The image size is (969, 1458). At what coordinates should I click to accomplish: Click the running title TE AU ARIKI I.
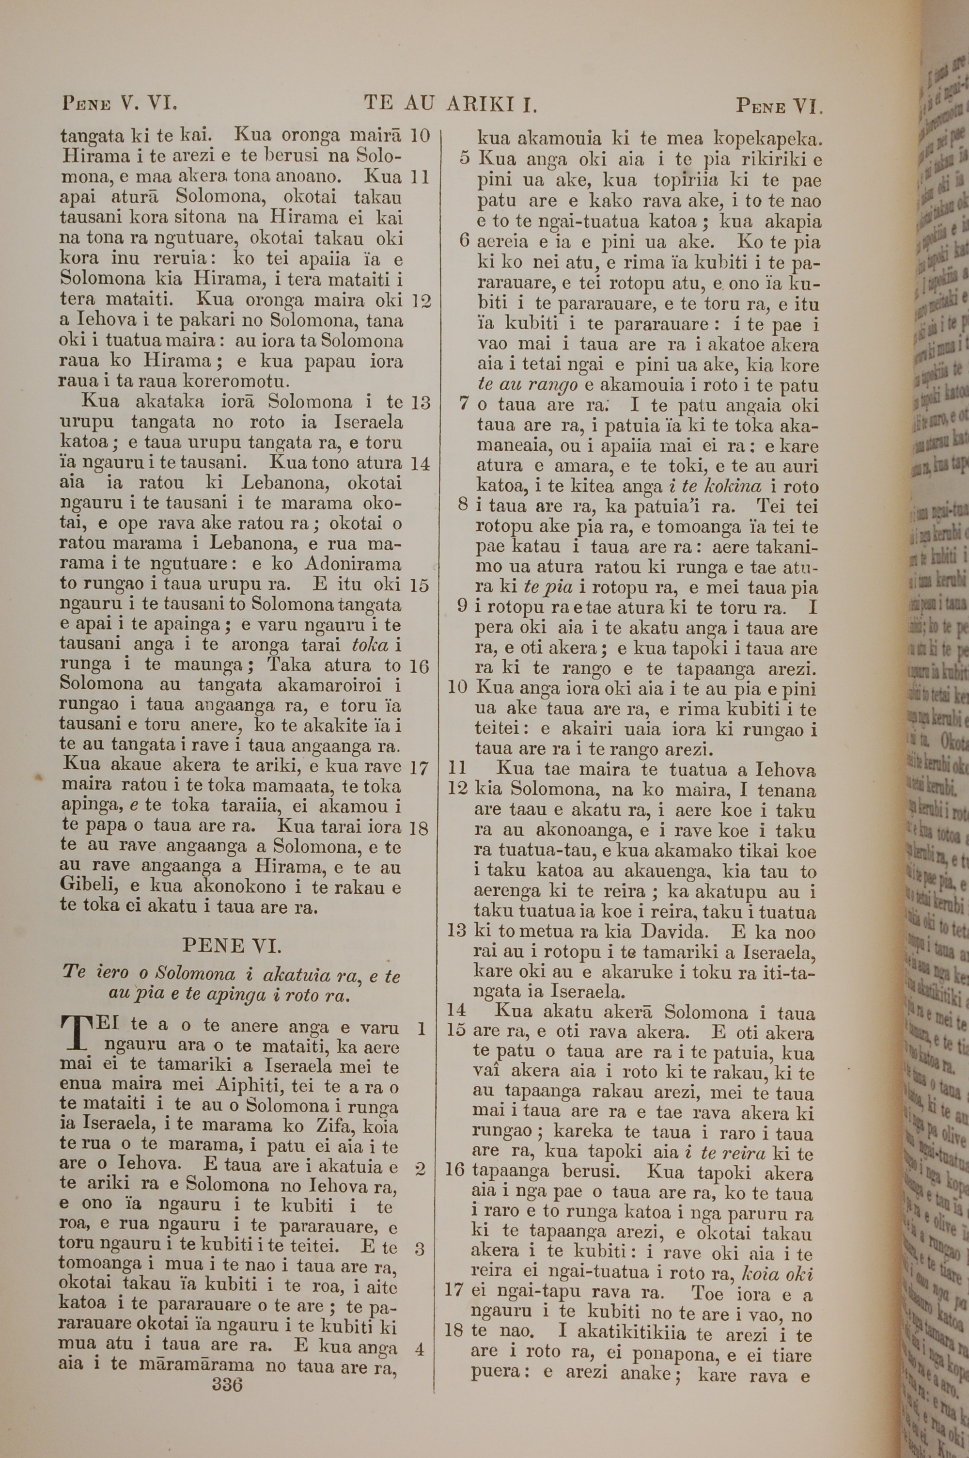[451, 103]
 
